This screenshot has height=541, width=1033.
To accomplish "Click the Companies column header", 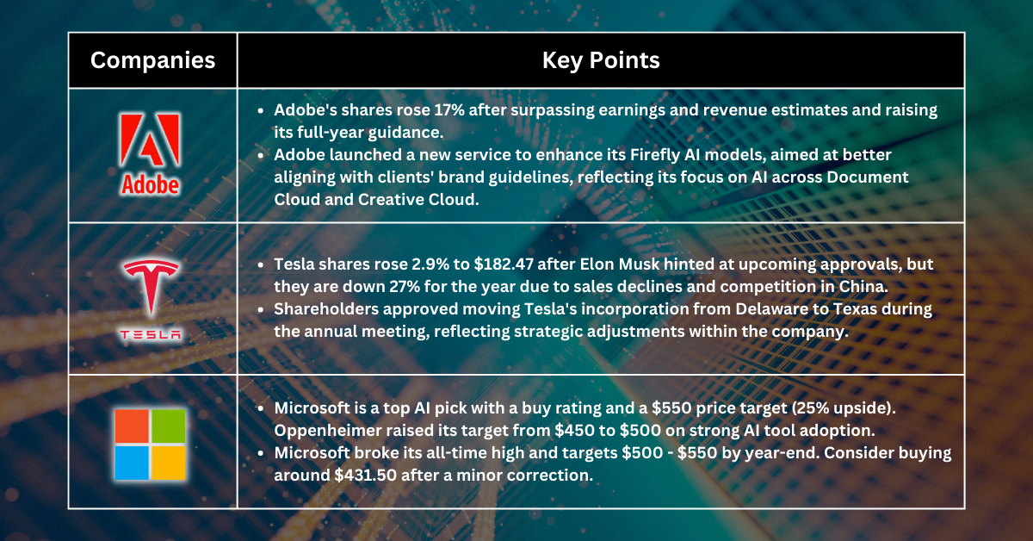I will click(x=152, y=60).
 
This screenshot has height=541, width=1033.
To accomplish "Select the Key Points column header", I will click(x=601, y=60).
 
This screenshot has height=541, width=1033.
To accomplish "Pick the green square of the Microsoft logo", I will click(x=170, y=426).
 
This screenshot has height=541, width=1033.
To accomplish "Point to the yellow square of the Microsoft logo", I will click(x=170, y=463).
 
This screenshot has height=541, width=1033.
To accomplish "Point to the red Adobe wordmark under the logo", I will click(x=151, y=184).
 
